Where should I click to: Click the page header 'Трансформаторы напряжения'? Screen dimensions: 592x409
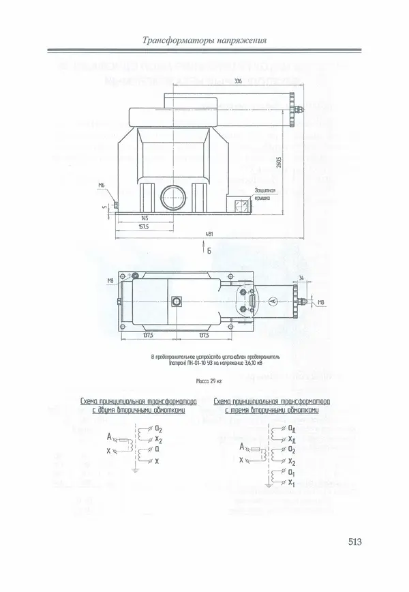click(203, 40)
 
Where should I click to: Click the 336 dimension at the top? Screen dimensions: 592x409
click(238, 81)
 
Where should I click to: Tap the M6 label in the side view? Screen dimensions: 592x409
click(101, 185)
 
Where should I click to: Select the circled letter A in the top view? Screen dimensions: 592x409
click(271, 301)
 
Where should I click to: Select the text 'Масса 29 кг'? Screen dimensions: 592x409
click(209, 379)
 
